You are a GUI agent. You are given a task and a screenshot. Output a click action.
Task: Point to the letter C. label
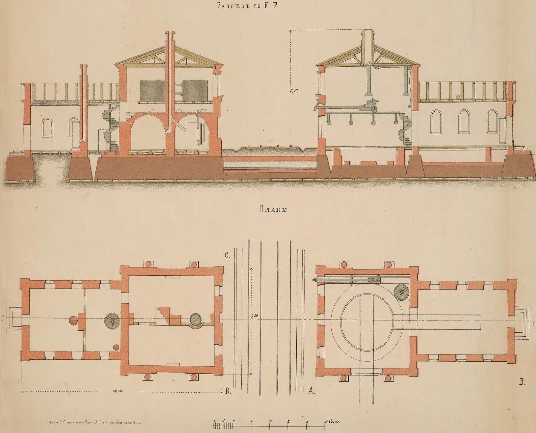pos(227,255)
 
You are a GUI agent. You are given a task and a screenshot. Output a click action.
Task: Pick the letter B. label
pos(522,382)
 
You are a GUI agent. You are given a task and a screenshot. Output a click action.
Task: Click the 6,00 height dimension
pos(295,91)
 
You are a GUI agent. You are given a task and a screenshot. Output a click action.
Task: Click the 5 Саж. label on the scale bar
pos(332,422)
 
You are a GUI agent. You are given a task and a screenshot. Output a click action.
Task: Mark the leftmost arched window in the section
pos(47,127)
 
